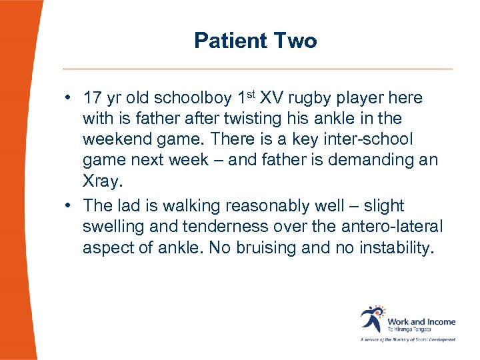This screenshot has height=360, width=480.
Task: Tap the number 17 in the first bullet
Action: [x=92, y=98]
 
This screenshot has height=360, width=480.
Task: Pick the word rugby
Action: [x=313, y=98]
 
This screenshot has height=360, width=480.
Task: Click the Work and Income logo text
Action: [x=421, y=323]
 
